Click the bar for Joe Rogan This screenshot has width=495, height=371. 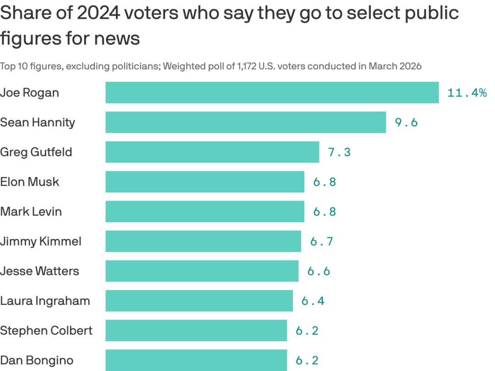click(272, 93)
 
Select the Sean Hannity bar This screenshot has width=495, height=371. click(246, 122)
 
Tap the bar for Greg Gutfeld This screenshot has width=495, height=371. click(212, 152)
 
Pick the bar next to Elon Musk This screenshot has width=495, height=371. click(205, 182)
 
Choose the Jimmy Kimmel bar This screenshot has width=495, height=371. click(203, 241)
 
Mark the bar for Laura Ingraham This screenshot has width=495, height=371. click(199, 301)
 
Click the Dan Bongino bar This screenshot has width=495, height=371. click(196, 360)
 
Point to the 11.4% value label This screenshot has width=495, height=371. click(467, 93)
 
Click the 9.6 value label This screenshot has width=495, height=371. click(406, 123)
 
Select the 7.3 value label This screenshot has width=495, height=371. click(339, 152)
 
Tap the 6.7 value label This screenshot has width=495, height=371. click(321, 242)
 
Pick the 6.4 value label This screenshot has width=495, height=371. click(313, 301)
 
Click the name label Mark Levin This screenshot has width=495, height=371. click(31, 212)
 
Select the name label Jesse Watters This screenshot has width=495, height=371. click(39, 271)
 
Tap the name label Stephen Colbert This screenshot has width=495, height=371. click(46, 331)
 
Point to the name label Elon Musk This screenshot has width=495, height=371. click(29, 182)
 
